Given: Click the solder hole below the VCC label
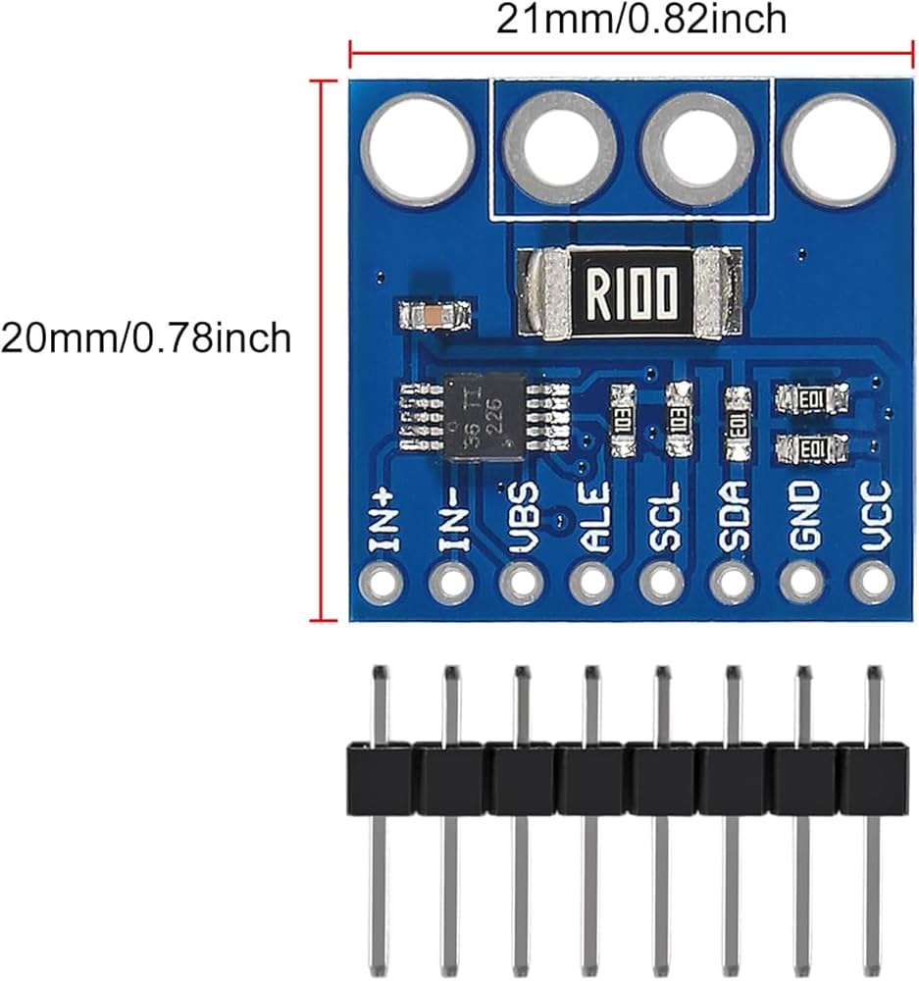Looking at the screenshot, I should (x=872, y=584).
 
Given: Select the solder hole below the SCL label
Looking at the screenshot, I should (x=662, y=584).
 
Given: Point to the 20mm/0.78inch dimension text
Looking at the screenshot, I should (x=146, y=337).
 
